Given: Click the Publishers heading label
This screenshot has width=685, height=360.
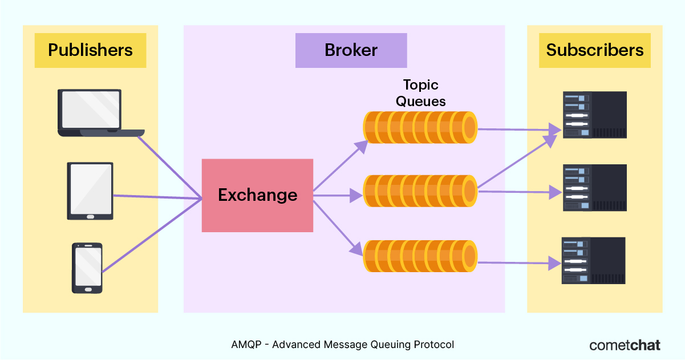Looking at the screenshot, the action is coord(90,50).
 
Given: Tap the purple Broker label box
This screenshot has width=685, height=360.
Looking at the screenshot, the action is coord(351,50).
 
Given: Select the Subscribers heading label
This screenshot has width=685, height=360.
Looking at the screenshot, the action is coord(594,50).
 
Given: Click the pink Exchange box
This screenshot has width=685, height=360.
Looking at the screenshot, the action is coord(257,196).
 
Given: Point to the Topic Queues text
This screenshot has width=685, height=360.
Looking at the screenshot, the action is coord(420,93).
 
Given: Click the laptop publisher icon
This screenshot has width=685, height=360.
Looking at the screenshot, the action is coord(101,113).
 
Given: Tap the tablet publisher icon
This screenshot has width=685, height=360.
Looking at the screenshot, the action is coord(90,191).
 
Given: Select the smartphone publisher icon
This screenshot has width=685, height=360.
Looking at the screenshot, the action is coord(87,268).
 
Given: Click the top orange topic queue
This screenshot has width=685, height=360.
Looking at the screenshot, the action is coord(420,127).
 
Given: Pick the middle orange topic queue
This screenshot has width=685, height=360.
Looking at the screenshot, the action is coord(420,191).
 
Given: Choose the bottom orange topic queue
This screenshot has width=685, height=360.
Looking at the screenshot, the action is coord(420,256).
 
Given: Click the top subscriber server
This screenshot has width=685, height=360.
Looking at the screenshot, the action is coord(595,115).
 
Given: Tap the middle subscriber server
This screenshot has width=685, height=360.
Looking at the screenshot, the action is coord(595,188).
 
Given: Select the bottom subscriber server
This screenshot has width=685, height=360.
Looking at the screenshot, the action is coord(594,261).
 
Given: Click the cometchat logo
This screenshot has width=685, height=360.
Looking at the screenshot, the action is coord(625,345).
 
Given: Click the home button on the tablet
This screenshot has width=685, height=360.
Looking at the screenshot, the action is coord(90,217).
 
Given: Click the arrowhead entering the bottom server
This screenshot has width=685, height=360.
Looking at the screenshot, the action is coord(555,263).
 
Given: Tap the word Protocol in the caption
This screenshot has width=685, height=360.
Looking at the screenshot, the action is coord(433,345).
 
